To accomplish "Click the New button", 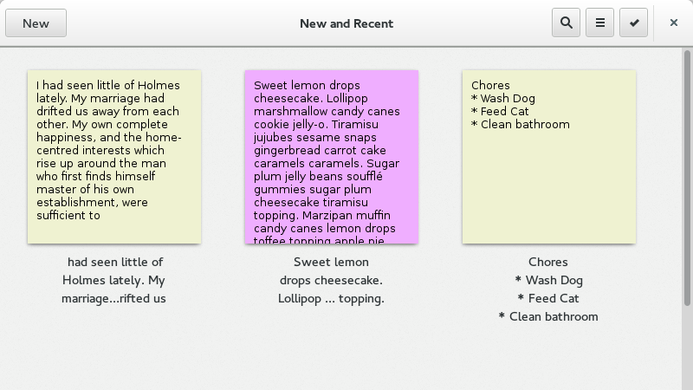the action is [36, 23].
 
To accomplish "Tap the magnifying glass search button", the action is [567, 23].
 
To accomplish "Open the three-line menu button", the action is [599, 23].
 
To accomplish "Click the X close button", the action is [674, 23].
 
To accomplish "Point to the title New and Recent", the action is [346, 23].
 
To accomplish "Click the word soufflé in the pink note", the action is [365, 177].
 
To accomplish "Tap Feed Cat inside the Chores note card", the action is [504, 112].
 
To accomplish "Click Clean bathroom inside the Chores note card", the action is [525, 124].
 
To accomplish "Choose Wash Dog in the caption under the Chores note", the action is [554, 280].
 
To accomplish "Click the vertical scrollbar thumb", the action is [687, 178].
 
